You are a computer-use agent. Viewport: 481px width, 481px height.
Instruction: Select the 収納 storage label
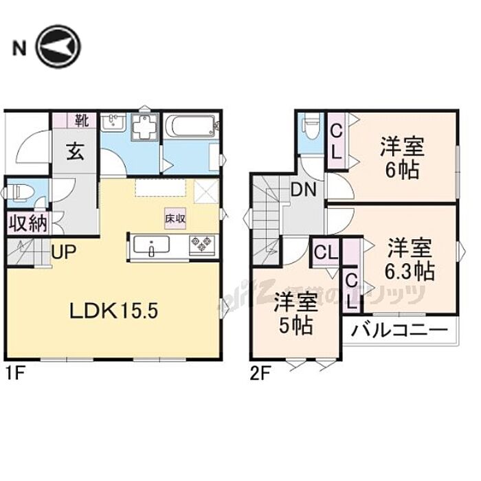pyautogui.click(x=27, y=223)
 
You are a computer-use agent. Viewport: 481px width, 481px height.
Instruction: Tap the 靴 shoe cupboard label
pyautogui.click(x=82, y=122)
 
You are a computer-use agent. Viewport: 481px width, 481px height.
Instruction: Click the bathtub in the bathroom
pyautogui.click(x=192, y=126)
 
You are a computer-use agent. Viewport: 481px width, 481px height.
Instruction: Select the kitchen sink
pyautogui.click(x=148, y=246)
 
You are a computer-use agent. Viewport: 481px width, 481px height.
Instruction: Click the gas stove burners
pyautogui.click(x=203, y=243)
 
